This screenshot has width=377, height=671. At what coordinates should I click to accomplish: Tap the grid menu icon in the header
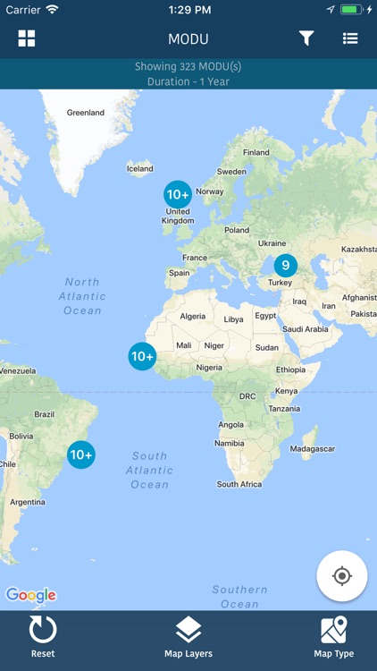(x=27, y=38)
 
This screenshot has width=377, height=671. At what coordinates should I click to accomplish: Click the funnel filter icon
(x=306, y=38)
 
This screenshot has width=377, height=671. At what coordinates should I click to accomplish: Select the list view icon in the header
(x=350, y=38)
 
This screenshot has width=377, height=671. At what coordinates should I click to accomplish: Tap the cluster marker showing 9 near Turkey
(x=285, y=265)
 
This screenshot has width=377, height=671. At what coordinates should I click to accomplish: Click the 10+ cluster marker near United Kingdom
(x=178, y=194)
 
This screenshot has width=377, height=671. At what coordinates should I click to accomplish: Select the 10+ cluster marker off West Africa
(x=142, y=356)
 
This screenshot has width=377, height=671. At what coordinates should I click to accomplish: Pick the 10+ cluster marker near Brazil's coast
(x=81, y=454)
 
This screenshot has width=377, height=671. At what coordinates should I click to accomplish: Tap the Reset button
(x=43, y=637)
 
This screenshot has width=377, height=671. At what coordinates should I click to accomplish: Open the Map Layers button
(x=188, y=637)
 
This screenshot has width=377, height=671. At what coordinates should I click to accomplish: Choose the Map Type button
(x=333, y=637)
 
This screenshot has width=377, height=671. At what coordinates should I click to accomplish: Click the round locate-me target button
(x=341, y=576)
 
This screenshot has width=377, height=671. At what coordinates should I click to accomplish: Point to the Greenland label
(x=86, y=113)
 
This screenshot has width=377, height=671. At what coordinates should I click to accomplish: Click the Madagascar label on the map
(x=313, y=448)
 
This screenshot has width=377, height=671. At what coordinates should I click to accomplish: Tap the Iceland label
(x=139, y=168)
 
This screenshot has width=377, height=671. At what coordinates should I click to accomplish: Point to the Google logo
(x=31, y=595)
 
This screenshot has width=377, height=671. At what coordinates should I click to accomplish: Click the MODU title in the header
(x=188, y=39)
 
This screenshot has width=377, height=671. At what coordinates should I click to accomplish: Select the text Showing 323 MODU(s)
(x=188, y=66)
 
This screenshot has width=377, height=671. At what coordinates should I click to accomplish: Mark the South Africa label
(x=239, y=484)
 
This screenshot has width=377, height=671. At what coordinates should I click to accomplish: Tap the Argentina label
(x=28, y=502)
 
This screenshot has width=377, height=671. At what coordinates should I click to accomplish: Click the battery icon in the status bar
(x=352, y=9)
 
